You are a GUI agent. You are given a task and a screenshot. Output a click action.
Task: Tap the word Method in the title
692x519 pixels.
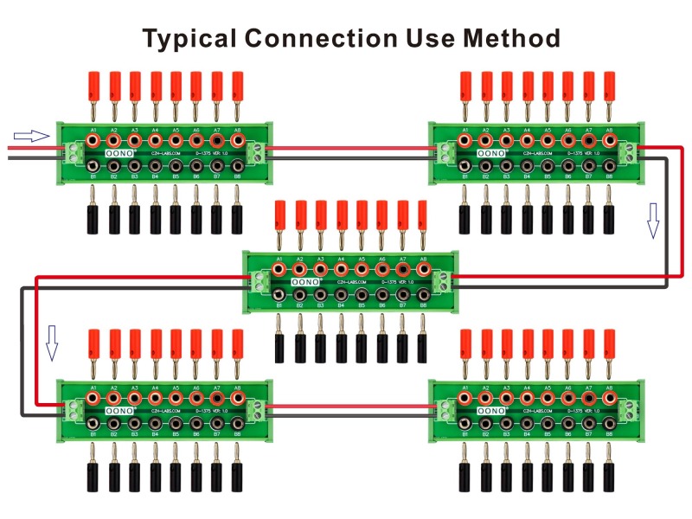[x=512, y=39]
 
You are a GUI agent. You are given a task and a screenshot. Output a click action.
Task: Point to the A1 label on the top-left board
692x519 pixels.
[x=93, y=130]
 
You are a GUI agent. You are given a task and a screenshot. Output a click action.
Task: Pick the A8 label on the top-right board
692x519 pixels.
[x=610, y=130]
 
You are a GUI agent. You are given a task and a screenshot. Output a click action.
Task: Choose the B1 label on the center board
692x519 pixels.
[x=279, y=306]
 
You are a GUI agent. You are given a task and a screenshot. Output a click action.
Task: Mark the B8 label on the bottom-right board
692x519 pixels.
[x=610, y=434]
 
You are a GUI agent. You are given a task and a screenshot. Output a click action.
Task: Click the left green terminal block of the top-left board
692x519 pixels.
[x=71, y=152]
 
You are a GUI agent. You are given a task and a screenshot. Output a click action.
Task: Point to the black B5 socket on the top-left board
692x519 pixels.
[x=176, y=165]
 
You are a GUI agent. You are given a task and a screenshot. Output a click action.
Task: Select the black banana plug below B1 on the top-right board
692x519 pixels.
[x=465, y=220]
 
